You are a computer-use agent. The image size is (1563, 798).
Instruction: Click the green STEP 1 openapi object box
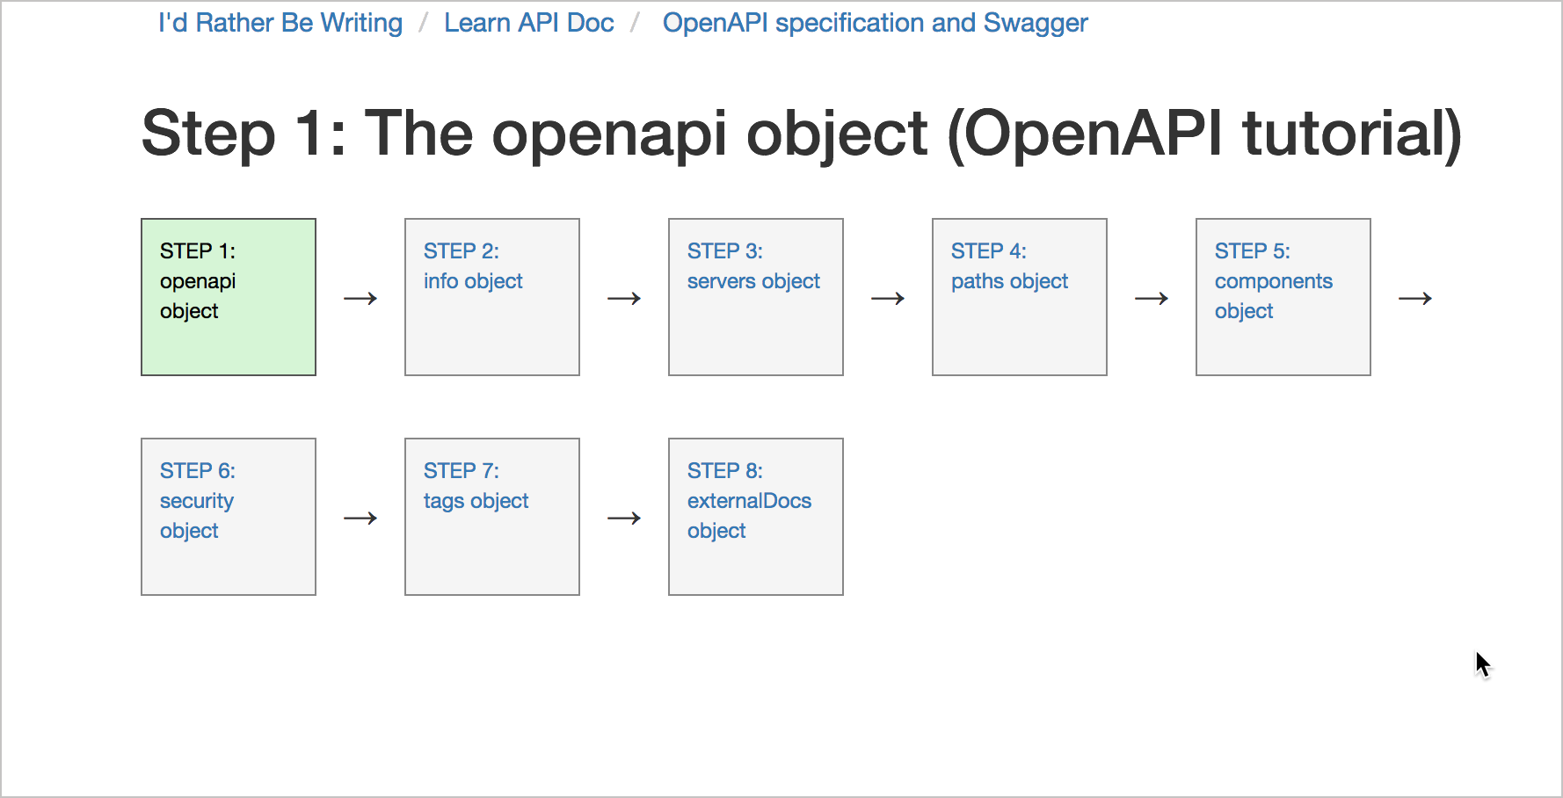229,297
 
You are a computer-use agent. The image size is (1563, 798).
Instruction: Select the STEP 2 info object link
473,266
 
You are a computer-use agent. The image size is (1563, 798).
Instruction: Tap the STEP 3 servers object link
753,266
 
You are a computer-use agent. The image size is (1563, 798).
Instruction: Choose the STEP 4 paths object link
1009,266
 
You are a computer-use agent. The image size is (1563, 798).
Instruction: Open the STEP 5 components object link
1274,281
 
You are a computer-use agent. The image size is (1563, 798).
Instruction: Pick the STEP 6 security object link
198,501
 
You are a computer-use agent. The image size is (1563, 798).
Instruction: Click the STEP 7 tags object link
476,486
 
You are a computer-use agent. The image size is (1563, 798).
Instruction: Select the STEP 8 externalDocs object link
749,501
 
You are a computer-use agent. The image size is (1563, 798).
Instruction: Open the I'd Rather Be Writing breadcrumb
280,23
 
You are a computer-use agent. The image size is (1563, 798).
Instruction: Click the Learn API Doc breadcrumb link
529,23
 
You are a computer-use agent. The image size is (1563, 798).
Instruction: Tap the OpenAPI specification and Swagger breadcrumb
876,23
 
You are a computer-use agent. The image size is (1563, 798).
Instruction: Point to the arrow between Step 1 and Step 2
360,299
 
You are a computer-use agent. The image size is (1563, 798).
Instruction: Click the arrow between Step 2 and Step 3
624,299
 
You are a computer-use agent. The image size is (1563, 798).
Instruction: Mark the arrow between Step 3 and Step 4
888,299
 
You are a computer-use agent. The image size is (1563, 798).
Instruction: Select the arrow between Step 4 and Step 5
1152,299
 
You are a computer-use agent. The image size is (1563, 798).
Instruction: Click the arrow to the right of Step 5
1415,299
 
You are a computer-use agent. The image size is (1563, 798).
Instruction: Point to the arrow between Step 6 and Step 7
360,519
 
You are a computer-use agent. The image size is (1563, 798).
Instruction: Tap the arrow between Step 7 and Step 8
624,519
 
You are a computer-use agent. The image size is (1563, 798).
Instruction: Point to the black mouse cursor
1483,664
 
